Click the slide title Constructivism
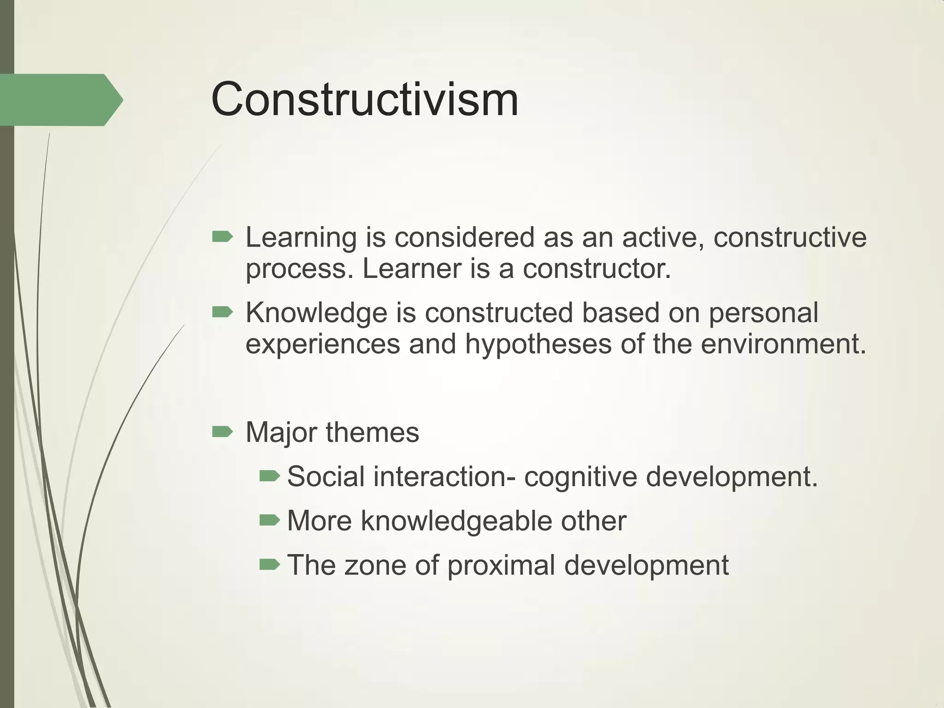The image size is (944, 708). point(365,100)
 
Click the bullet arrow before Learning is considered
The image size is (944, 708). point(222,237)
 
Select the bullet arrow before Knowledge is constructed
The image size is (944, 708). point(222,313)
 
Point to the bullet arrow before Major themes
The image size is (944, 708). point(222,432)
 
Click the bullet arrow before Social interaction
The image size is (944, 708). point(270,476)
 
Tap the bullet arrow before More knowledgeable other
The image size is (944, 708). point(270,520)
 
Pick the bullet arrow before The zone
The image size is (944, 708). point(270,565)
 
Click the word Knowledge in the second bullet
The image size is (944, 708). point(316,313)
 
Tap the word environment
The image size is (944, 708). point(784,344)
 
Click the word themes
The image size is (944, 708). point(372,433)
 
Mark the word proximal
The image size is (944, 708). point(501,566)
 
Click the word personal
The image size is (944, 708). point(763,313)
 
